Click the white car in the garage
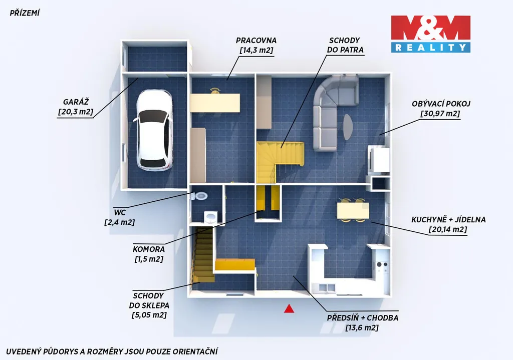click(x=153, y=130)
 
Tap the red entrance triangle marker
click(x=289, y=308)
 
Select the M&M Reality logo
click(x=430, y=34)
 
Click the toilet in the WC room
click(x=199, y=196)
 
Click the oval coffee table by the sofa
click(x=348, y=127)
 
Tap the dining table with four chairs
click(x=353, y=210)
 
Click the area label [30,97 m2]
click(x=440, y=114)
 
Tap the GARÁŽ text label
click(x=76, y=102)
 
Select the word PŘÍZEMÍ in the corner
click(x=25, y=13)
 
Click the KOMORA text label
click(x=148, y=249)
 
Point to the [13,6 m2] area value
click(x=362, y=327)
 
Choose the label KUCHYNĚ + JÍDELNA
click(x=448, y=220)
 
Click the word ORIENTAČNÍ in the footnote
click(x=195, y=351)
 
